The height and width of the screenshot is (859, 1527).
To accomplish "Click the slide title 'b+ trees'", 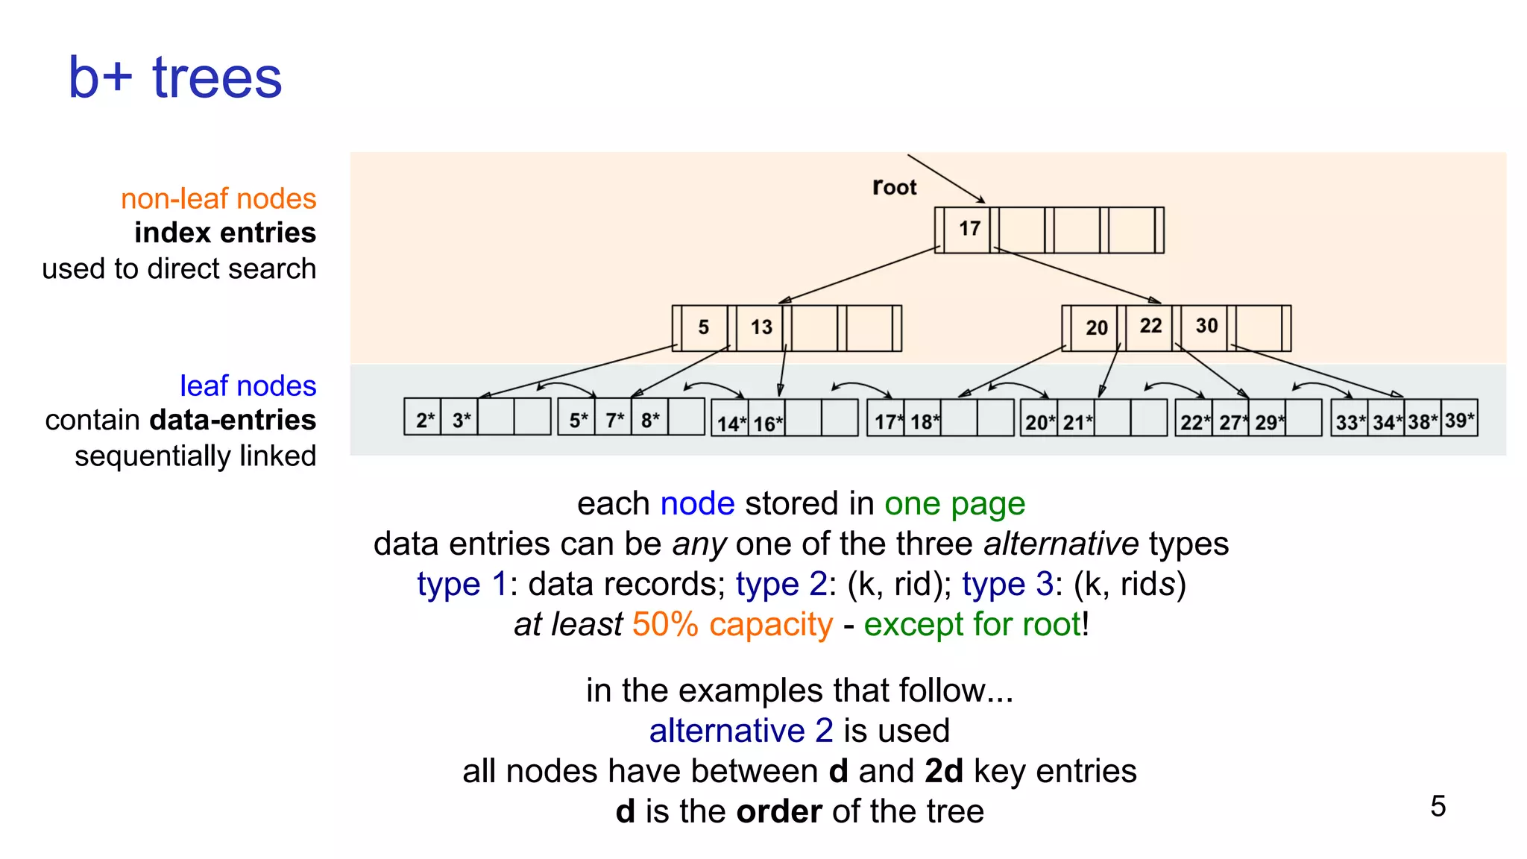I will pyautogui.click(x=175, y=78).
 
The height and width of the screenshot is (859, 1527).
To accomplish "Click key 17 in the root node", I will pyautogui.click(x=969, y=228).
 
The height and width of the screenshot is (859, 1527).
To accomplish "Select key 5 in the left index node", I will pyautogui.click(x=703, y=327).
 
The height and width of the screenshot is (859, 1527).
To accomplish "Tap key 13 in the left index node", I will pyautogui.click(x=761, y=327).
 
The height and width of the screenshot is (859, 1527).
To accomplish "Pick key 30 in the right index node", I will pyautogui.click(x=1206, y=326).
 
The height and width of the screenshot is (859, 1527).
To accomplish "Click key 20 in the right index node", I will pyautogui.click(x=1096, y=327).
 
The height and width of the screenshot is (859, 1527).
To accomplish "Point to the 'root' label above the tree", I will pyautogui.click(x=894, y=187).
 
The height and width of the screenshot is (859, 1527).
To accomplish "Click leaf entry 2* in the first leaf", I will pyautogui.click(x=424, y=420).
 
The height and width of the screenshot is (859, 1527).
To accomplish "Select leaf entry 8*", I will pyautogui.click(x=649, y=420).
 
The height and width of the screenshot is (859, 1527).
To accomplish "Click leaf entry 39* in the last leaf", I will pyautogui.click(x=1459, y=421).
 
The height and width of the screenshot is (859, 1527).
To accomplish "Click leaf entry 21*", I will pyautogui.click(x=1077, y=423).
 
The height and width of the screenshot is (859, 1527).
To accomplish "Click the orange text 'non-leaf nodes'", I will pyautogui.click(x=218, y=199).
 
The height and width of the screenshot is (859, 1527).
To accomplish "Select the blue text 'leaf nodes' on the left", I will pyautogui.click(x=248, y=386).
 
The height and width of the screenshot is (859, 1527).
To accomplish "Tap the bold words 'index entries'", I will pyautogui.click(x=225, y=233).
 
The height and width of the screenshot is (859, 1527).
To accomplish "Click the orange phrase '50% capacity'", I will pyautogui.click(x=732, y=624).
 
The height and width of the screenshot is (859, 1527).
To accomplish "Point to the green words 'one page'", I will pyautogui.click(x=954, y=504).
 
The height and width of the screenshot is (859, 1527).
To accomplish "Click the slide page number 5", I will pyautogui.click(x=1438, y=806).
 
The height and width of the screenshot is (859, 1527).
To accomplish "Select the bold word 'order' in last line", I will pyautogui.click(x=779, y=811).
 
